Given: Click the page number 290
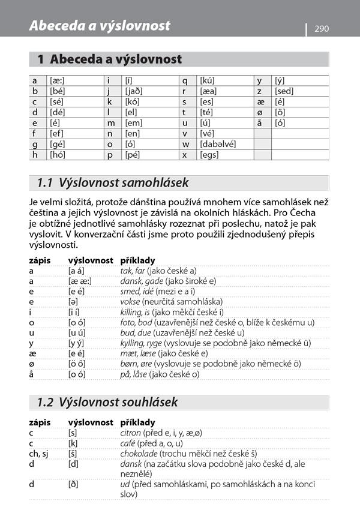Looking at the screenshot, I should pos(322,29).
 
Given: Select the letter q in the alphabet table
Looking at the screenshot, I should pos(185,80).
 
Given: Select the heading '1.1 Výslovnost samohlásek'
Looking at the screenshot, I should pos(113,182).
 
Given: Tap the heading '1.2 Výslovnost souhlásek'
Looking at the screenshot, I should pos(107,401).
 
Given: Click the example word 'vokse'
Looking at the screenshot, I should pos(130,301).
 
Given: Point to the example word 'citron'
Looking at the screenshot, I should pos(130,433).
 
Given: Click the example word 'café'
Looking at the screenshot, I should pos(128,443).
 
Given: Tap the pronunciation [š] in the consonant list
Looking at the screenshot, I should pos(73,454).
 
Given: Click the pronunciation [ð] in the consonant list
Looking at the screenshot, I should pos(73,484).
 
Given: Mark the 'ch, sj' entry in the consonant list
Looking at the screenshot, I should pos(39,454).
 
